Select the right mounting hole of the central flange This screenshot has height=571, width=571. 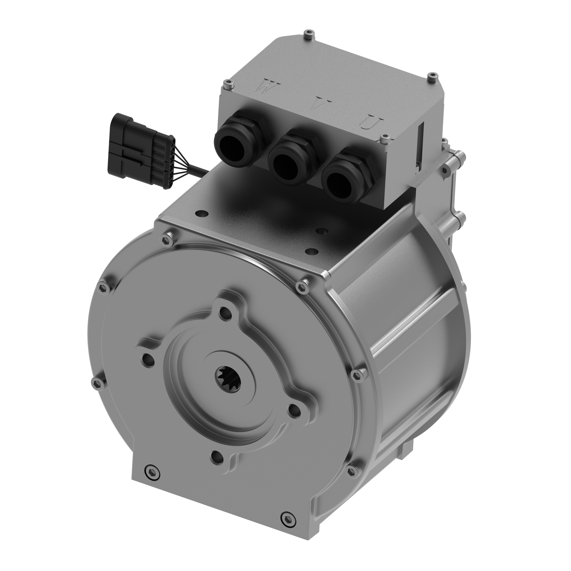(x=294, y=411)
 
